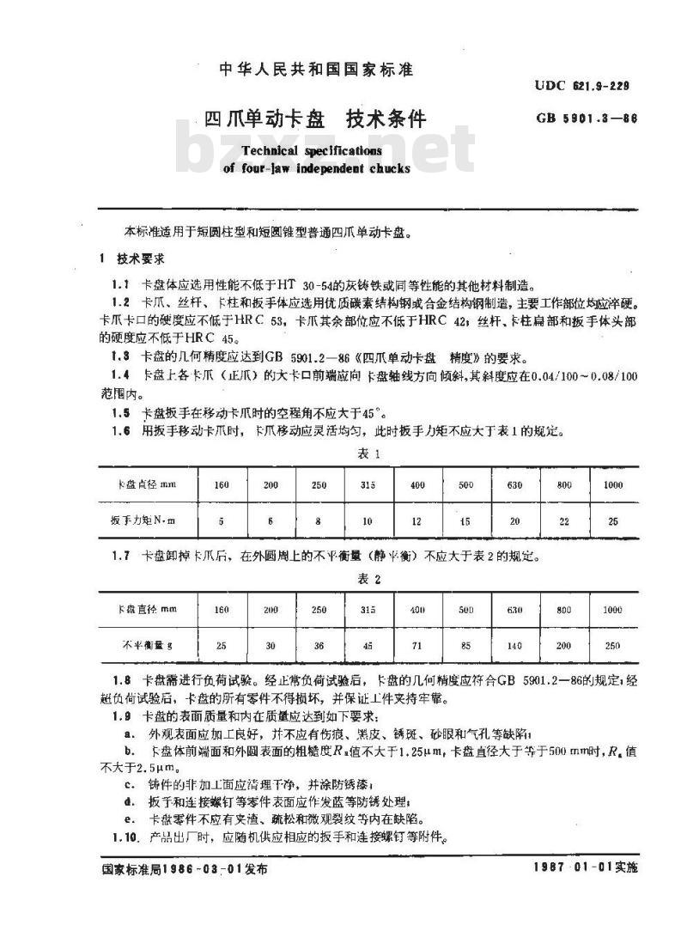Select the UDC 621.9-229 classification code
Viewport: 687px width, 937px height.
582,85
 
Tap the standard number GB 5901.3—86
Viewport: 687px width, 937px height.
587,119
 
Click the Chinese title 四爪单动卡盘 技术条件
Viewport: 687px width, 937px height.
315,119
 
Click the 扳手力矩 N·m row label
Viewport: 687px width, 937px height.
142,521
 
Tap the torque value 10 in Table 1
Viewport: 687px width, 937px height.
368,521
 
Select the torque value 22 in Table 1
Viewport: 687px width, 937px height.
563,521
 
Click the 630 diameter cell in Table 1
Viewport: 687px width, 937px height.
514,485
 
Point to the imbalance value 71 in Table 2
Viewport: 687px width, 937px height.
417,644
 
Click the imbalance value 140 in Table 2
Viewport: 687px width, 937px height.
514,644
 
